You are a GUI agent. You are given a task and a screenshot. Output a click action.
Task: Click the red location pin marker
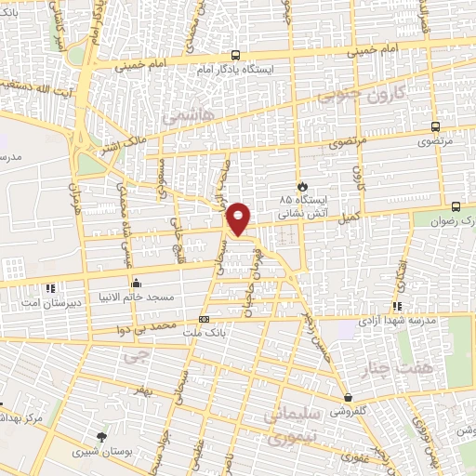[x=239, y=219]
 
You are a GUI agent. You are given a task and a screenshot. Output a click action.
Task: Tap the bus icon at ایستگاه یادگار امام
[x=234, y=55]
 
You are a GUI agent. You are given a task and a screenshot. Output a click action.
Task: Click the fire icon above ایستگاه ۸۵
[x=300, y=185]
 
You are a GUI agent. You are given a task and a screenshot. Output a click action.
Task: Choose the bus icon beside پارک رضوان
[x=456, y=206]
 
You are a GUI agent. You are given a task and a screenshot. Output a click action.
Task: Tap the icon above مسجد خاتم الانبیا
[x=136, y=284]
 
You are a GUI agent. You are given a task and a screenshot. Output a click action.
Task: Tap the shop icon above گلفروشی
[x=346, y=398]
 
